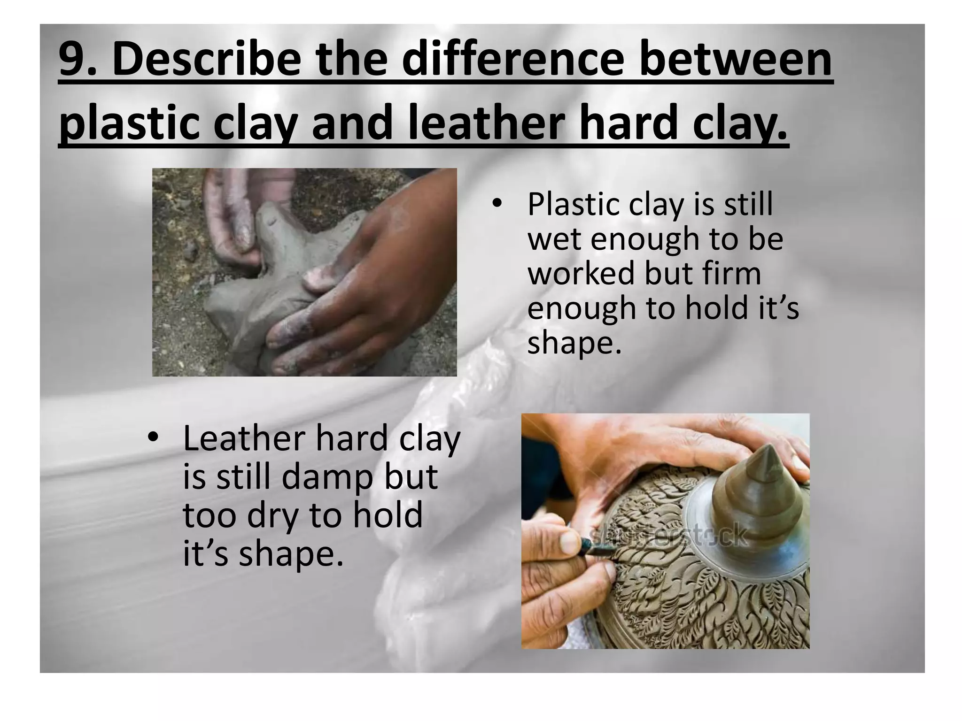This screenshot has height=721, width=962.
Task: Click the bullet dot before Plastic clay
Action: pyautogui.click(x=496, y=205)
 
